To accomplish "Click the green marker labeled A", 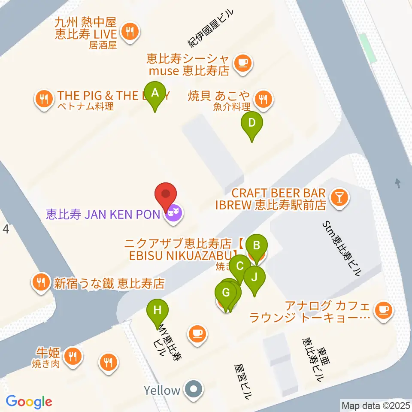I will pos(155,92).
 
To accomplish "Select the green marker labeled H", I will pos(158,310).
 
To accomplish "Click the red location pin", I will pos(166,195).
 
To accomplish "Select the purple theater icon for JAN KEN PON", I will pos(173,213).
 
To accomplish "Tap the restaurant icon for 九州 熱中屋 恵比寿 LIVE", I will pos(129,31).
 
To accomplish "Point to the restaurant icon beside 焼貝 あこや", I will pos(263,100).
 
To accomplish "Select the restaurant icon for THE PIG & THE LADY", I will pos(44,100).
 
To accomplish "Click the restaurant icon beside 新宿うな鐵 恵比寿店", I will pos(41,283).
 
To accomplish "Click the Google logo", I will pos(29,402).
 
